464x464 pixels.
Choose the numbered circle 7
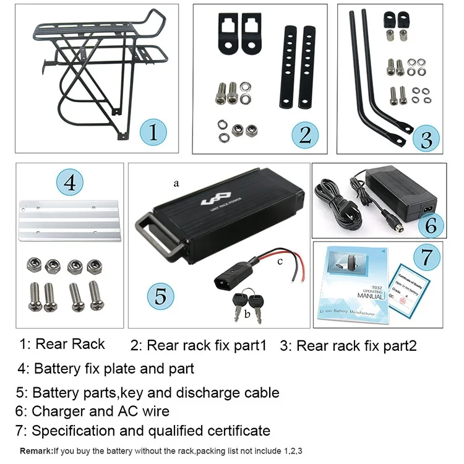(427, 257)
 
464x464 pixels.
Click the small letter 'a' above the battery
(176, 184)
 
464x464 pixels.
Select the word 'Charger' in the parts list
(59, 411)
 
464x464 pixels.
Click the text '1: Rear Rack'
(62, 345)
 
